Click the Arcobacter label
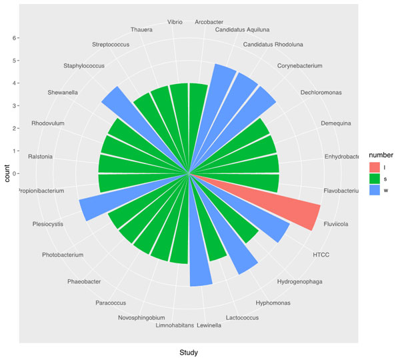click(x=209, y=22)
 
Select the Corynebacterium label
click(x=299, y=65)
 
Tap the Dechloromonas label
click(x=321, y=93)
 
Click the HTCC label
click(x=321, y=254)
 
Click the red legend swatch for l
click(x=375, y=167)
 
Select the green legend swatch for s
click(x=375, y=178)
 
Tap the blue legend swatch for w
click(x=375, y=190)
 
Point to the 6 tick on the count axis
click(x=15, y=38)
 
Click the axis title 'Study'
click(x=189, y=351)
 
